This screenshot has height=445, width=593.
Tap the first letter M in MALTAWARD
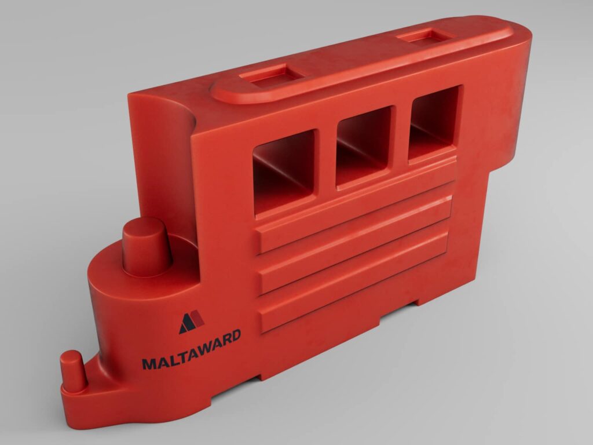(x=148, y=364)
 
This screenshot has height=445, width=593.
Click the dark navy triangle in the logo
(x=187, y=324)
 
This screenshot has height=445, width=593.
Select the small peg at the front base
(x=74, y=371)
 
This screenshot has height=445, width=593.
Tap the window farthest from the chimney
(x=434, y=123)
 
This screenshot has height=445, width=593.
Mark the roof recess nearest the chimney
(x=271, y=75)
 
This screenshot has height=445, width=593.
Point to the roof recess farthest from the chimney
(x=426, y=36)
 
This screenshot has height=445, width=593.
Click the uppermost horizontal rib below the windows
(x=353, y=209)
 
